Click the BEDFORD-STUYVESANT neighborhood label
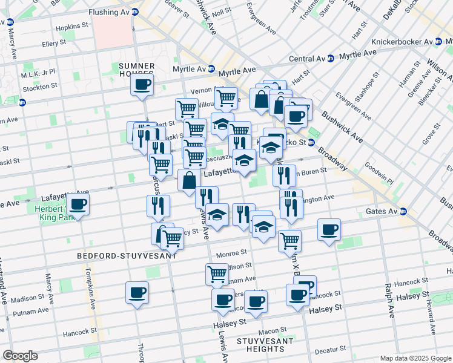tap(127, 256)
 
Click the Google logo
tap(20, 356)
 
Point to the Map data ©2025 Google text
tap(415, 358)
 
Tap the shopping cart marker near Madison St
tap(217, 274)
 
